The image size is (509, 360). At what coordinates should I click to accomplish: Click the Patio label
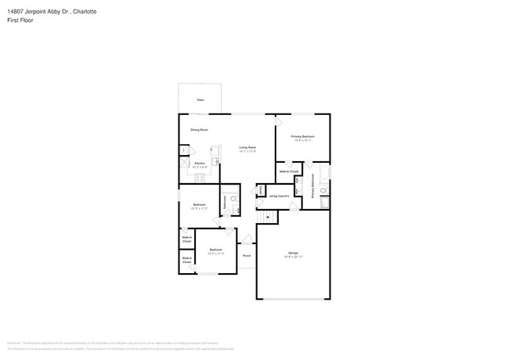pyautogui.click(x=200, y=100)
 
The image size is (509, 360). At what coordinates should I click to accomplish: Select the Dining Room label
pyautogui.click(x=199, y=130)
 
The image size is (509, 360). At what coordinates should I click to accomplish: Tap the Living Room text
pyautogui.click(x=248, y=148)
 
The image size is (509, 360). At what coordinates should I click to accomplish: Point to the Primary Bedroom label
pyautogui.click(x=302, y=137)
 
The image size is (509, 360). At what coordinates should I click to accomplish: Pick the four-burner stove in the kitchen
pyautogui.click(x=200, y=176)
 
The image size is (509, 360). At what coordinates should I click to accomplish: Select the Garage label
pyautogui.click(x=293, y=253)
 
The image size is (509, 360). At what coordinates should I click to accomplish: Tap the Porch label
pyautogui.click(x=246, y=256)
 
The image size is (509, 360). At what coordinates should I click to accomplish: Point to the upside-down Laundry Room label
pyautogui.click(x=279, y=196)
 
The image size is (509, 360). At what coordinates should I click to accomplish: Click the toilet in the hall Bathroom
pyautogui.click(x=233, y=200)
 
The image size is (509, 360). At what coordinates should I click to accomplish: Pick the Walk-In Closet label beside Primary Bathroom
pyautogui.click(x=288, y=171)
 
